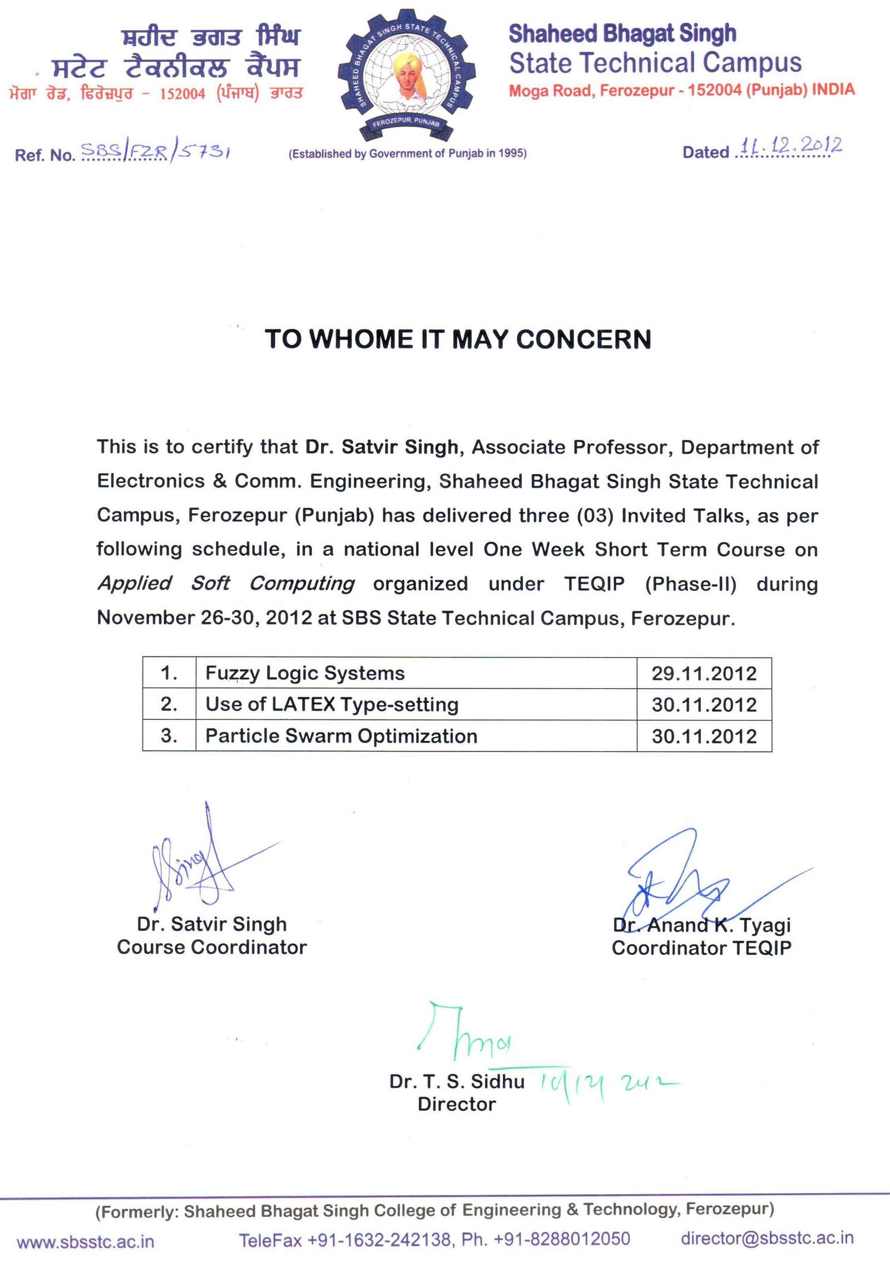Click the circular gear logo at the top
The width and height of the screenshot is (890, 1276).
click(407, 75)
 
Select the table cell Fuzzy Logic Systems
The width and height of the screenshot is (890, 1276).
click(305, 673)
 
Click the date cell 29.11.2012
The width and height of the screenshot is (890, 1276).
click(704, 674)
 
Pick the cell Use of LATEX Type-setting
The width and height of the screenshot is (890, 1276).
click(332, 704)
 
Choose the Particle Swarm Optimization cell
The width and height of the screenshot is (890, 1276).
click(341, 736)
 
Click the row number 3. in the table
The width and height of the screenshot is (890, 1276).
click(169, 736)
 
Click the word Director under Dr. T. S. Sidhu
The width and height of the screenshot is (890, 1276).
click(457, 1104)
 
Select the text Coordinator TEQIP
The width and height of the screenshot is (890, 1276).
click(701, 948)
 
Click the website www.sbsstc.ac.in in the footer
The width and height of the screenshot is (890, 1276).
click(86, 1241)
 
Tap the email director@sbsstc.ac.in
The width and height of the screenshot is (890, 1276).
click(767, 1238)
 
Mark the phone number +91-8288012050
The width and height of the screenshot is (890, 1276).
click(562, 1239)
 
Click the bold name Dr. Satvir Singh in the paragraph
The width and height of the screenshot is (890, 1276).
click(382, 446)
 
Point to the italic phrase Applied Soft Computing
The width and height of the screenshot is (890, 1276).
click(226, 583)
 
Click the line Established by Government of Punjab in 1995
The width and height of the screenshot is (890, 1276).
click(407, 154)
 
